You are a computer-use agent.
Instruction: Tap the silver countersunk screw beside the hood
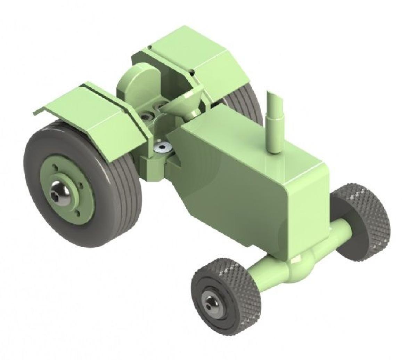pos(162,147)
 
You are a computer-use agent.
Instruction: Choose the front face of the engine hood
pos(306,205)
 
